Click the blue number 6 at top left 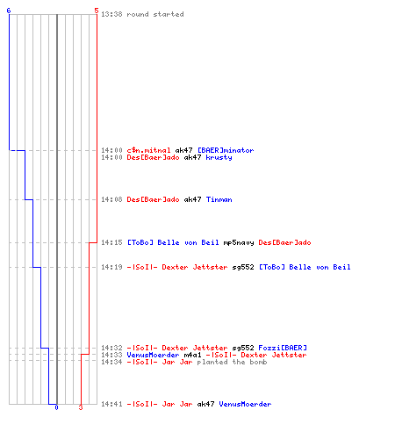9,11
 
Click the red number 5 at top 97,11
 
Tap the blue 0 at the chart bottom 56,407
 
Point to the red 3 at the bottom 81,407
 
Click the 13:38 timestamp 111,14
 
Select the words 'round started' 155,14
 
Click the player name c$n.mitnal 148,150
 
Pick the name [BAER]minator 226,150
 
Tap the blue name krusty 219,157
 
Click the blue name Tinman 219,199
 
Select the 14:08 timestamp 111,199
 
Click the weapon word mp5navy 239,242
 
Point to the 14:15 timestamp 111,242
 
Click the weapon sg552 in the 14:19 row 243,267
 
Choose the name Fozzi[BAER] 283,348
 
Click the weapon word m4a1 192,355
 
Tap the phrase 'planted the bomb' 232,362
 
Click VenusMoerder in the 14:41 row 245,404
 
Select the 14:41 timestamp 111,404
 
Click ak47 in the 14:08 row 192,199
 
